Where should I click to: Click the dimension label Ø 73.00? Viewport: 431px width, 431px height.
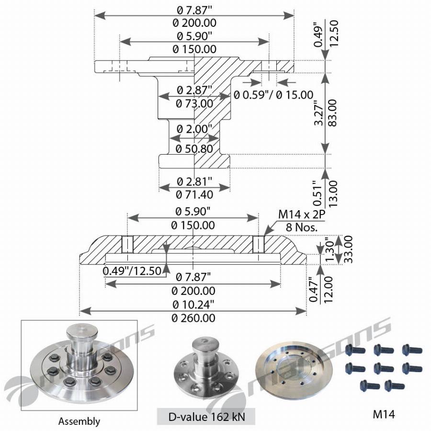coord(194,103)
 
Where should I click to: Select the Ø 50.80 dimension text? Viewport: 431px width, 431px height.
coord(194,149)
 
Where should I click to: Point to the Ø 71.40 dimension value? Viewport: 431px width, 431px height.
coord(194,195)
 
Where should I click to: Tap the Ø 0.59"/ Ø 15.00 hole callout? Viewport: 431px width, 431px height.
coord(273,95)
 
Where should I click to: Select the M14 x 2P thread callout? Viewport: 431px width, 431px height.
coord(301,216)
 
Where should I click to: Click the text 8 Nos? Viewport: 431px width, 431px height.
coord(302,227)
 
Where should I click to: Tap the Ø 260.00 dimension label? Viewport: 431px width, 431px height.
coord(193,318)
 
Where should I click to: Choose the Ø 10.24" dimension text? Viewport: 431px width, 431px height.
coord(193,305)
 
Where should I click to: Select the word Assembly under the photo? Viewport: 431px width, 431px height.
coord(79,421)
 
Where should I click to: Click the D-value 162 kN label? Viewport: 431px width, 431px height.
coord(206,417)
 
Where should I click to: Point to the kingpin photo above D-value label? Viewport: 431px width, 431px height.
coord(206,369)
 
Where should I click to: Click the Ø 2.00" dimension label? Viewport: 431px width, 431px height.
coord(194,129)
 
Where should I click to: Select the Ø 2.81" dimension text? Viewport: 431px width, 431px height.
coord(194,181)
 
